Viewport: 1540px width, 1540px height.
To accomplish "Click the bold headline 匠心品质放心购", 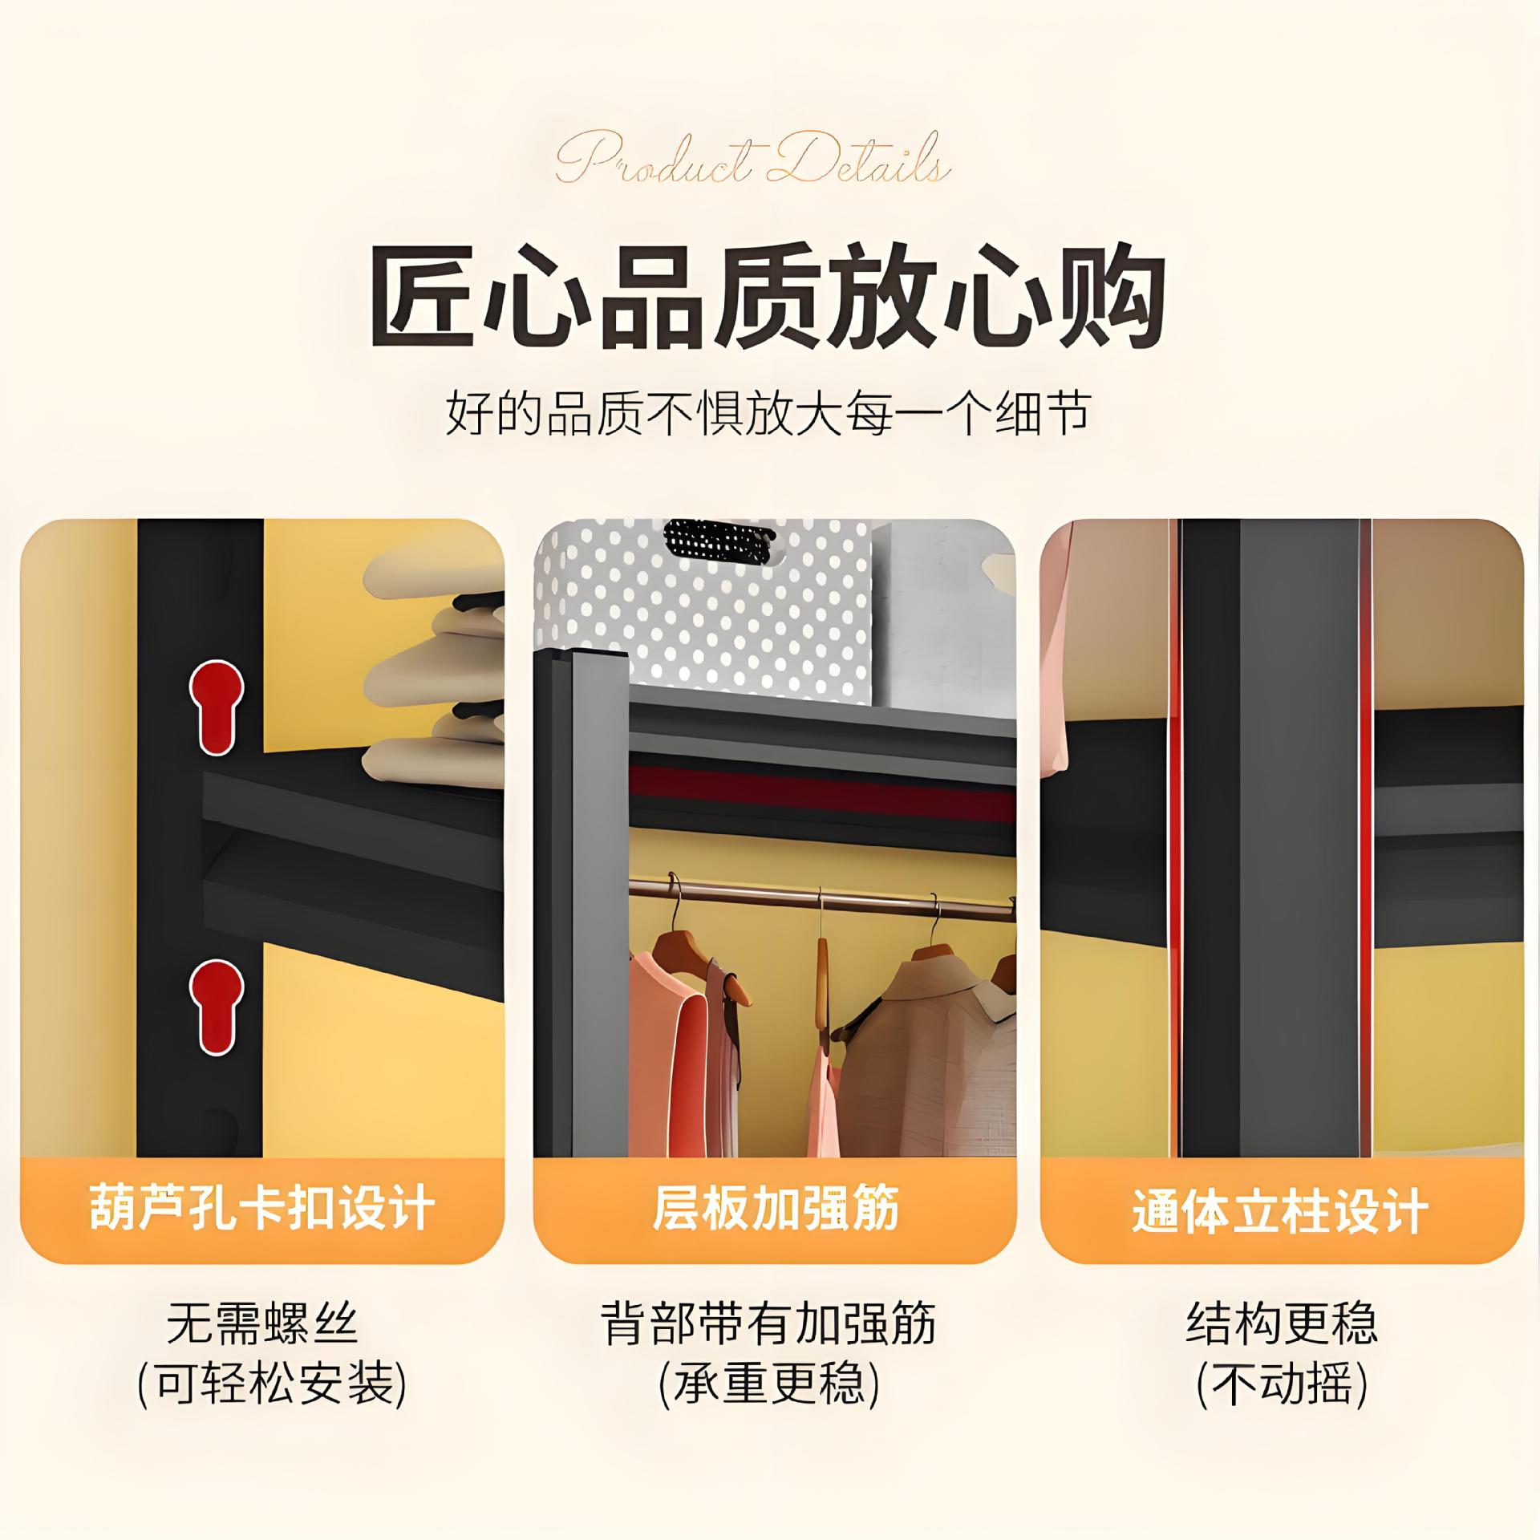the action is (768, 296).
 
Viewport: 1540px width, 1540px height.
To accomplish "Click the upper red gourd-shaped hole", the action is (217, 707).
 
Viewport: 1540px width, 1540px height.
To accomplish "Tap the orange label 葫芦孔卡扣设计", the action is (262, 1209).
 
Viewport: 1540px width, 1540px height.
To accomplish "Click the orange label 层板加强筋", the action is (775, 1209).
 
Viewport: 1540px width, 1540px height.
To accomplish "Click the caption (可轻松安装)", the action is (273, 1385).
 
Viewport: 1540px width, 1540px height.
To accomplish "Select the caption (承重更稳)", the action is (768, 1385).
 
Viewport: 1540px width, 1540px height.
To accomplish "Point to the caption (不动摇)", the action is (1282, 1385).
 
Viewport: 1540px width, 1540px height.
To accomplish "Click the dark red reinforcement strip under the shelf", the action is (822, 793).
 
